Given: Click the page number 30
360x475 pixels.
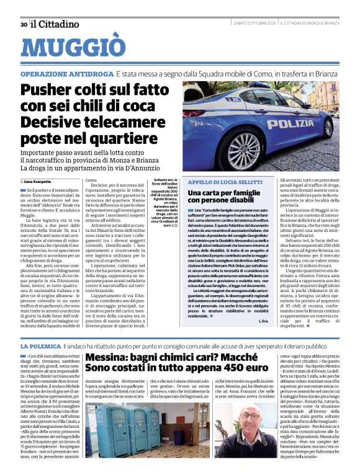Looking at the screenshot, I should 23,25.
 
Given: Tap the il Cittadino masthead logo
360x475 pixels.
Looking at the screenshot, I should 55,24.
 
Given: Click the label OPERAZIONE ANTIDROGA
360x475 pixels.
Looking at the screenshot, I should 66,74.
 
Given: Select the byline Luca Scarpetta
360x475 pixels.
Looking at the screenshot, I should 39,180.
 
